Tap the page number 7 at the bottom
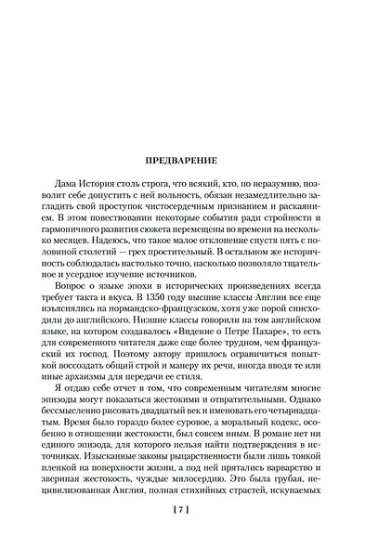183,511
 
